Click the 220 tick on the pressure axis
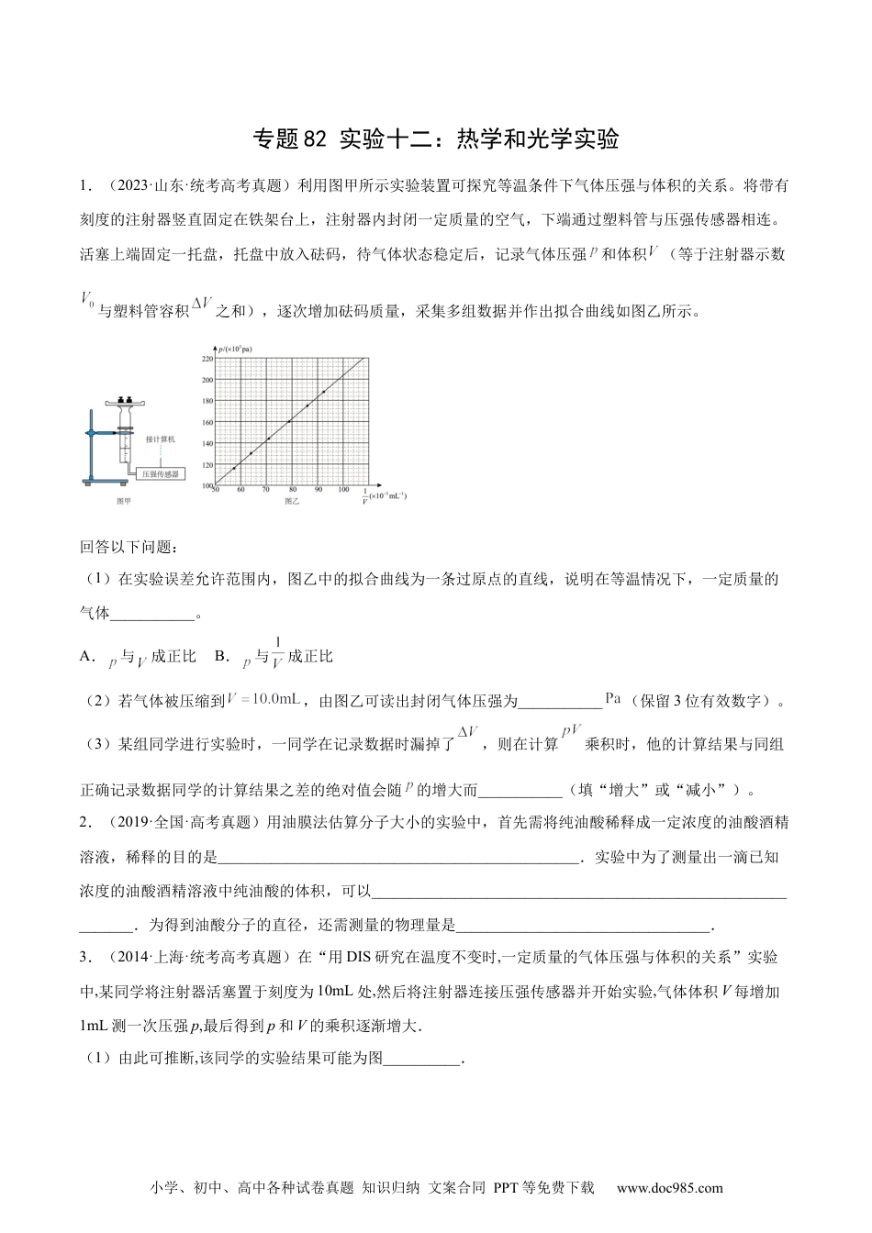pyautogui.click(x=207, y=358)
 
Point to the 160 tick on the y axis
pyautogui.click(x=207, y=422)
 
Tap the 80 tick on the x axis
pyautogui.click(x=292, y=491)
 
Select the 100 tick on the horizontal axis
pyautogui.click(x=343, y=491)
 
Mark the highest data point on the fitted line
pyautogui.click(x=323, y=391)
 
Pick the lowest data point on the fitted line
pyautogui.click(x=233, y=469)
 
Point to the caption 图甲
pyautogui.click(x=124, y=502)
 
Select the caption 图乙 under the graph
pyautogui.click(x=292, y=502)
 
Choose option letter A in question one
pyautogui.click(x=86, y=657)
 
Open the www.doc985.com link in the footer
pyautogui.click(x=669, y=1188)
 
